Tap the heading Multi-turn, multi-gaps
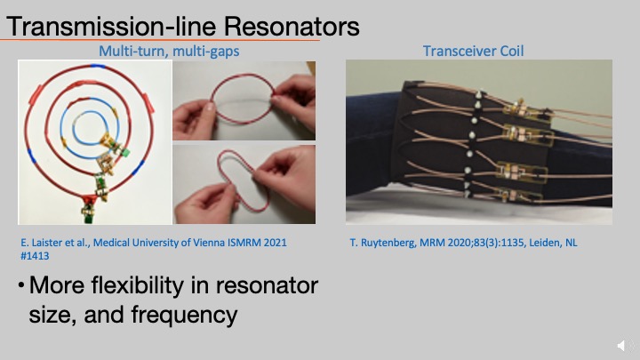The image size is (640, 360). coord(169,51)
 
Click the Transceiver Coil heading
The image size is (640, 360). coord(473,51)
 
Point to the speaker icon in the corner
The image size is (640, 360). coord(622,345)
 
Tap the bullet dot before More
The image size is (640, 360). coord(20,287)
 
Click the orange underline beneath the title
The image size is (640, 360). coord(160,40)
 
